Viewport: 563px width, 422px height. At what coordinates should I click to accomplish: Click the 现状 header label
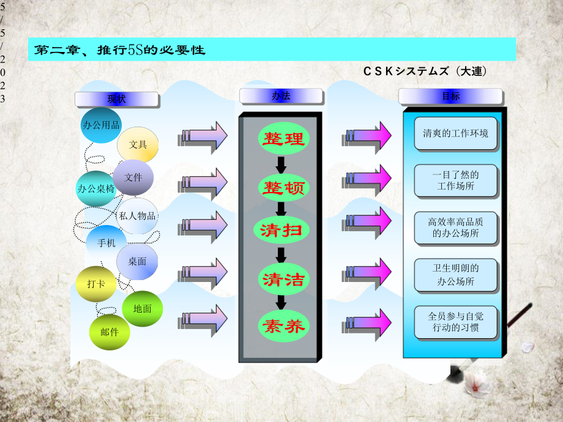[116, 98]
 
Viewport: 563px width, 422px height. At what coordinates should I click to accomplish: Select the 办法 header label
[281, 95]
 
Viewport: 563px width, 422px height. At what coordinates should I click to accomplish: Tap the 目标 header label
[450, 96]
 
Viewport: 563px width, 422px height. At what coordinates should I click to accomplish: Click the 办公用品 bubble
[101, 125]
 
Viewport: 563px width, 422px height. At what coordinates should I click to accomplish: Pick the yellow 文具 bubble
[138, 145]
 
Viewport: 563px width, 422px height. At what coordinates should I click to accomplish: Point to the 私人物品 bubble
[138, 216]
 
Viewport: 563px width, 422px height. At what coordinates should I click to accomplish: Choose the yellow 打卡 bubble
[96, 284]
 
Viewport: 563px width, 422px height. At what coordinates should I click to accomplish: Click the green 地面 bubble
[142, 309]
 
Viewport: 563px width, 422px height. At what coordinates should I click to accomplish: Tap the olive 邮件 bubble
[110, 332]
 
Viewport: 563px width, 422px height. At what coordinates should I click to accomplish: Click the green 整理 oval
[283, 138]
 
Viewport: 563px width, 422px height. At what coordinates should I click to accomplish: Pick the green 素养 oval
[283, 326]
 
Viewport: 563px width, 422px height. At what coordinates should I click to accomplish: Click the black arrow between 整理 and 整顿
[281, 164]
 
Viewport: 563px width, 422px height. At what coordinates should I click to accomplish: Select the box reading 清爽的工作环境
[455, 133]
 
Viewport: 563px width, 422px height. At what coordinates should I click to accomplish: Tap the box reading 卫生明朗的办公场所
[455, 275]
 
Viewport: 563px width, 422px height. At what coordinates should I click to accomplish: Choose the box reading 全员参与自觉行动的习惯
[455, 322]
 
